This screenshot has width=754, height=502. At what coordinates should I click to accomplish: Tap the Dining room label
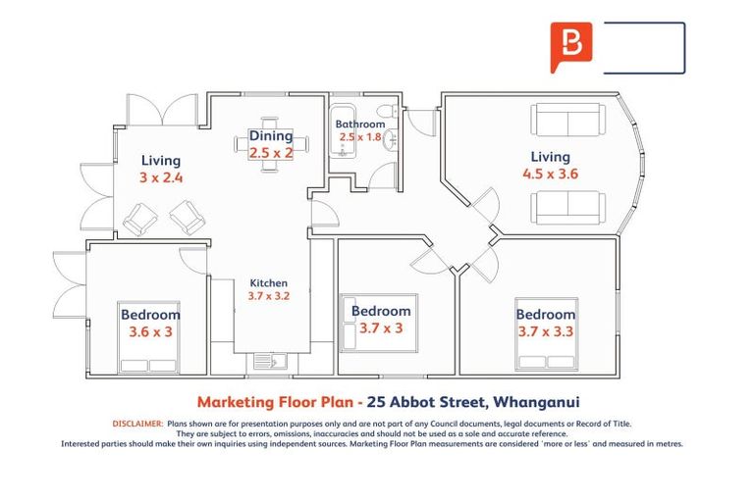tap(270, 136)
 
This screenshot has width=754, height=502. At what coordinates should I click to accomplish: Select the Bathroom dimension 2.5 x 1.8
tap(359, 137)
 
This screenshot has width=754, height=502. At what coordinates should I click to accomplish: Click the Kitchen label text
tap(268, 282)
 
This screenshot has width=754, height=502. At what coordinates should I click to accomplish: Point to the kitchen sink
tap(269, 361)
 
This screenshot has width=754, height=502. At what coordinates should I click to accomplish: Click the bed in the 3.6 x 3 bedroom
tap(149, 337)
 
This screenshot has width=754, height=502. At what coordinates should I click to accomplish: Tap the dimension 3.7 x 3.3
tap(545, 331)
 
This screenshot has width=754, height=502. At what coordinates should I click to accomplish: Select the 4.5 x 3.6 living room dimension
tap(550, 175)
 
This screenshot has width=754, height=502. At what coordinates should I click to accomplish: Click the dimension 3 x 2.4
tap(161, 178)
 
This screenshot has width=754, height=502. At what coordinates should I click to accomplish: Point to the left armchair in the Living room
tap(139, 217)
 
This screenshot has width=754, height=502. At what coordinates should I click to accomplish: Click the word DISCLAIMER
tap(136, 423)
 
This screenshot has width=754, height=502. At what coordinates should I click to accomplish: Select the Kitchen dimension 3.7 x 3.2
tap(268, 295)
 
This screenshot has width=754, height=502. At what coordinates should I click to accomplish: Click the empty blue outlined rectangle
tap(643, 48)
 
